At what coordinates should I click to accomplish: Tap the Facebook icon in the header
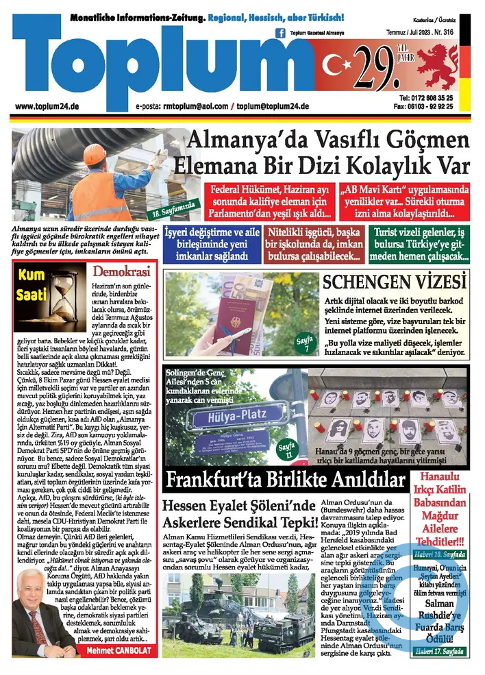280,32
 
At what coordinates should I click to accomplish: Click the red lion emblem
436,67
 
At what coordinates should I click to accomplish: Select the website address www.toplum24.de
46,107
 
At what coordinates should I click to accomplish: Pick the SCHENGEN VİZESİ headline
396,282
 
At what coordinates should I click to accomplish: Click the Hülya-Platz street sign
231,417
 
